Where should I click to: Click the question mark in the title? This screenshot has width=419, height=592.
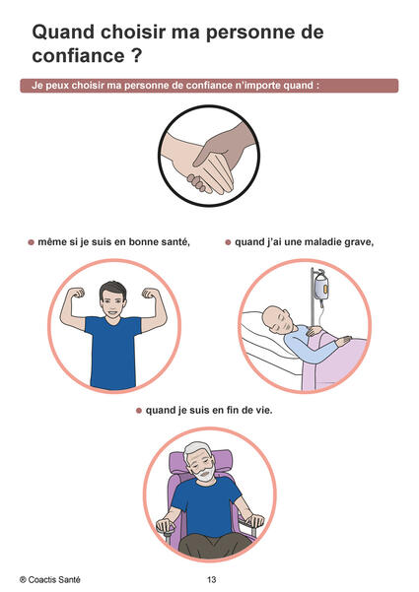point(137,55)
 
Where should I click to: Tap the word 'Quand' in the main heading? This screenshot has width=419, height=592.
point(63,32)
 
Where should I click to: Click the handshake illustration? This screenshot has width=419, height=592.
point(209,156)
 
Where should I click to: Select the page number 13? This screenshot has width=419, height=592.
point(212,579)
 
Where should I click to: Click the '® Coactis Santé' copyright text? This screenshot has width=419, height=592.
point(50,579)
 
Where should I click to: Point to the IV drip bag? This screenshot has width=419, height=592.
point(321,288)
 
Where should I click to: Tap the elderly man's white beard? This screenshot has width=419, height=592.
point(205,473)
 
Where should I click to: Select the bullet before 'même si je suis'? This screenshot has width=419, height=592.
point(31,242)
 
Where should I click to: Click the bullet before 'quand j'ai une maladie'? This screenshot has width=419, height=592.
point(228,242)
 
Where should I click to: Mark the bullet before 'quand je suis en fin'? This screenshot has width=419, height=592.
point(139,411)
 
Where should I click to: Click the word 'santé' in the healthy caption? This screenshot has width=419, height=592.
point(175,242)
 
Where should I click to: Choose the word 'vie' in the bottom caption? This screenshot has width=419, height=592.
point(263,410)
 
